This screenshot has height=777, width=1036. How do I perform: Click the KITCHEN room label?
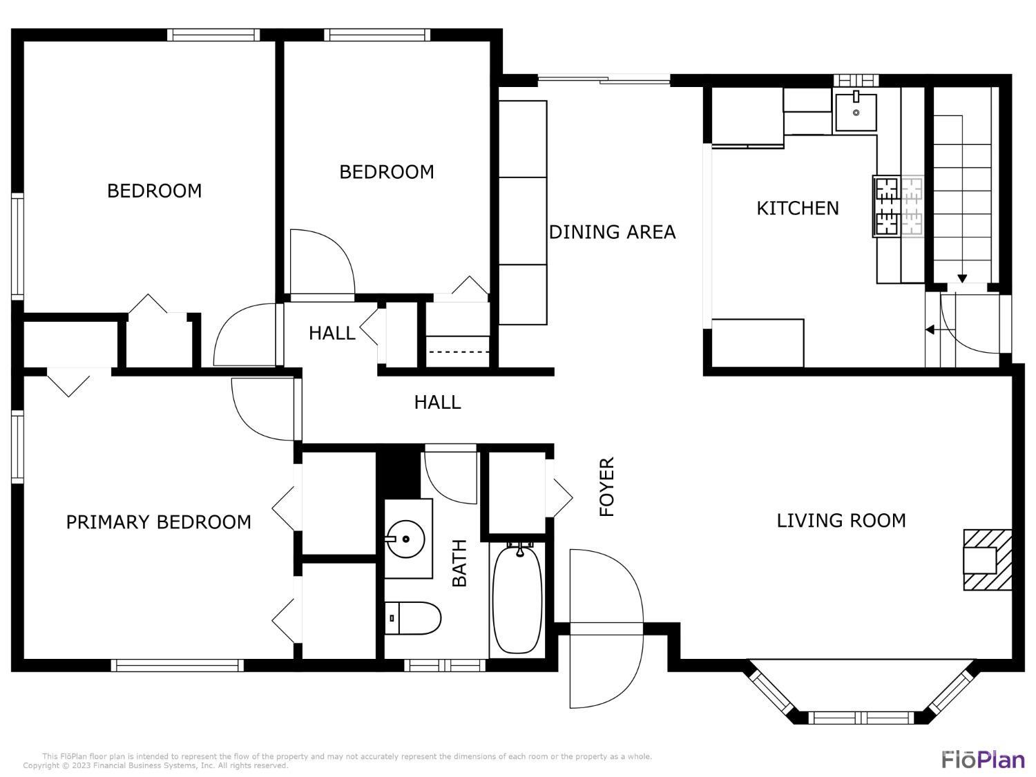click(x=798, y=208)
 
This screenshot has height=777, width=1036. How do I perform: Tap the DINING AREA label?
click(x=612, y=232)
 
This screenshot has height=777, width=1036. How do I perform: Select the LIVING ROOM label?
click(x=841, y=520)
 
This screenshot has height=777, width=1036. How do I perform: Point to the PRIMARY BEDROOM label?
click(x=158, y=522)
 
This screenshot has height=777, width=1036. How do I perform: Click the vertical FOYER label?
click(x=606, y=487)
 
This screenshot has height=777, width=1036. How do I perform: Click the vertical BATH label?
click(x=459, y=563)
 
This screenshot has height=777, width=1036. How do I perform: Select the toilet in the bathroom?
click(x=413, y=617)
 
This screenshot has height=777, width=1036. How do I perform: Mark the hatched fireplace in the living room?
click(x=988, y=559)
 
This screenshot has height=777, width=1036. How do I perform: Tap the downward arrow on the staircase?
click(x=961, y=278)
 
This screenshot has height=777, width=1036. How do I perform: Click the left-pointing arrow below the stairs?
click(x=930, y=330)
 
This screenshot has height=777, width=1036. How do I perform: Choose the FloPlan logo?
click(x=983, y=759)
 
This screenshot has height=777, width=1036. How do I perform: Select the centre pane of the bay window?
click(x=862, y=717)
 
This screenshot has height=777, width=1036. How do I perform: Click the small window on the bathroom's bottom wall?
click(x=445, y=666)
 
